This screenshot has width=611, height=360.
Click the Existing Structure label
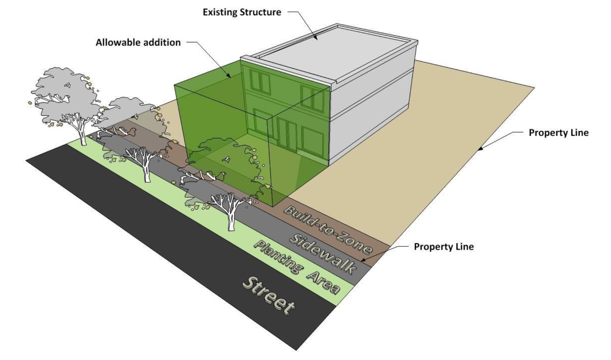[242, 12]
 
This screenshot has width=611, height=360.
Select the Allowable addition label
[138, 43]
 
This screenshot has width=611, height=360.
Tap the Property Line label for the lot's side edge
[558, 133]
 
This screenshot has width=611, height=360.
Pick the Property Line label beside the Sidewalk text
[444, 247]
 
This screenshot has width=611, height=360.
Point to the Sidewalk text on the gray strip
[323, 253]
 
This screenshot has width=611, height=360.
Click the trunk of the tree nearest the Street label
[231, 220]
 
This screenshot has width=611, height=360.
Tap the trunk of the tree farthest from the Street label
[83, 138]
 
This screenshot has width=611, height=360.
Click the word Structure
[262, 12]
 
